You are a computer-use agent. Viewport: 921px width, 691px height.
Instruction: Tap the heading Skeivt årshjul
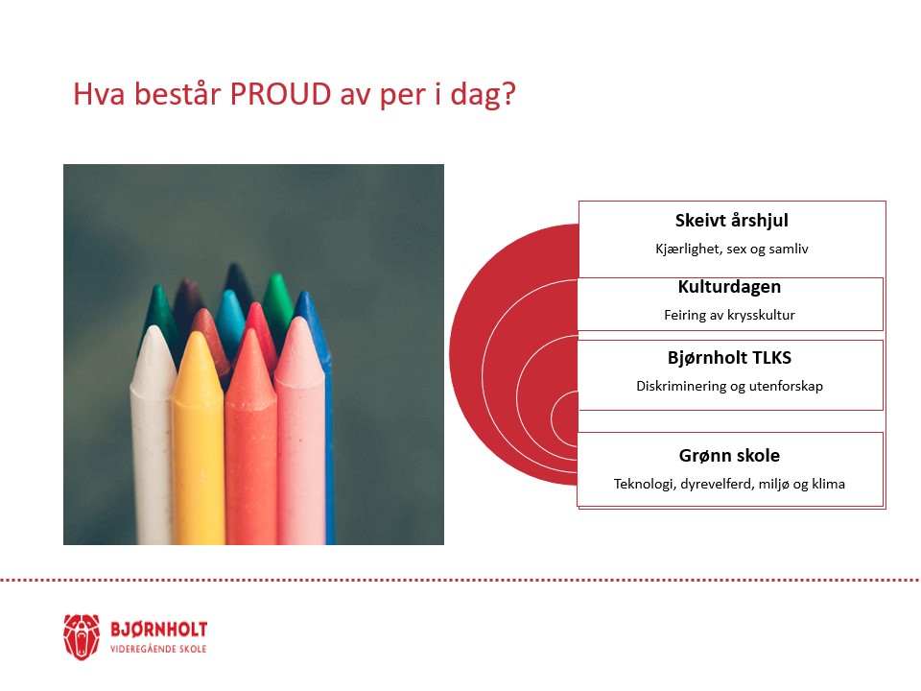pyautogui.click(x=731, y=222)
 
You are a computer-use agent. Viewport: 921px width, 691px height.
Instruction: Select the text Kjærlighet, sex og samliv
pyautogui.click(x=731, y=248)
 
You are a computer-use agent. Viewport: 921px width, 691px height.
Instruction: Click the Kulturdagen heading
pyautogui.click(x=730, y=288)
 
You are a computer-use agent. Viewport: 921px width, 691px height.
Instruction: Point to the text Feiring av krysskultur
pyautogui.click(x=730, y=315)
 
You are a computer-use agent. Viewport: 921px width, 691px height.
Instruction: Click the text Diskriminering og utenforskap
pyautogui.click(x=730, y=387)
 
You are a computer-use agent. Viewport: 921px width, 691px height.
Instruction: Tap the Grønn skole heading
pyautogui.click(x=730, y=456)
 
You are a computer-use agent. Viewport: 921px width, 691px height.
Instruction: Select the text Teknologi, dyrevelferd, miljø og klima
pyautogui.click(x=730, y=485)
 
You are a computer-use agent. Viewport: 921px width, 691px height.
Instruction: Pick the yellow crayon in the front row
pyautogui.click(x=198, y=441)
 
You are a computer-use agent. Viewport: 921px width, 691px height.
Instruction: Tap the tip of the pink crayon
pyautogui.click(x=299, y=331)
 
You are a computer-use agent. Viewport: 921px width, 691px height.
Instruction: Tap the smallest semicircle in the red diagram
pyautogui.click(x=565, y=413)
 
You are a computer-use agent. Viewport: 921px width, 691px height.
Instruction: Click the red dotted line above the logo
pyautogui.click(x=460, y=580)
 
